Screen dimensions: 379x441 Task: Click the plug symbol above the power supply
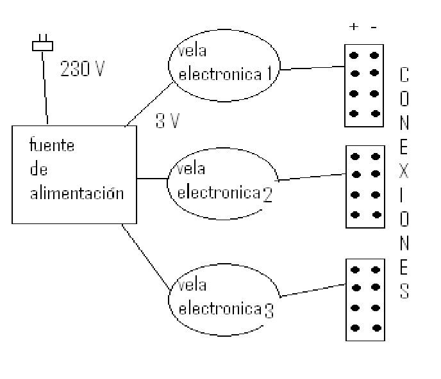[x=43, y=45]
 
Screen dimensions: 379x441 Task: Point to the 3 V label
[x=167, y=121]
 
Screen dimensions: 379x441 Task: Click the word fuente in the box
[x=52, y=146]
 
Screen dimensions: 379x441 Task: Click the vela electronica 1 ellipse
[x=224, y=64]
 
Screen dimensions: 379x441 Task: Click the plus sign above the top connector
[x=353, y=27]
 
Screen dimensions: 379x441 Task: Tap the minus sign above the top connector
[x=374, y=27]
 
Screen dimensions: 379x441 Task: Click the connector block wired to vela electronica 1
[x=363, y=84]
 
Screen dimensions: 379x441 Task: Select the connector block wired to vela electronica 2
[x=364, y=186]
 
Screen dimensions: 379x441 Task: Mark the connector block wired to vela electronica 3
[x=364, y=299]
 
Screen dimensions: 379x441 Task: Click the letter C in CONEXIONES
[x=404, y=76]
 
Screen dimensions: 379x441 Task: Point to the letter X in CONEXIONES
[x=405, y=173]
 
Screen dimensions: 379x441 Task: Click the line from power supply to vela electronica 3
[x=146, y=256]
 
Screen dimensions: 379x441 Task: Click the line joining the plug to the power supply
[x=45, y=90]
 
